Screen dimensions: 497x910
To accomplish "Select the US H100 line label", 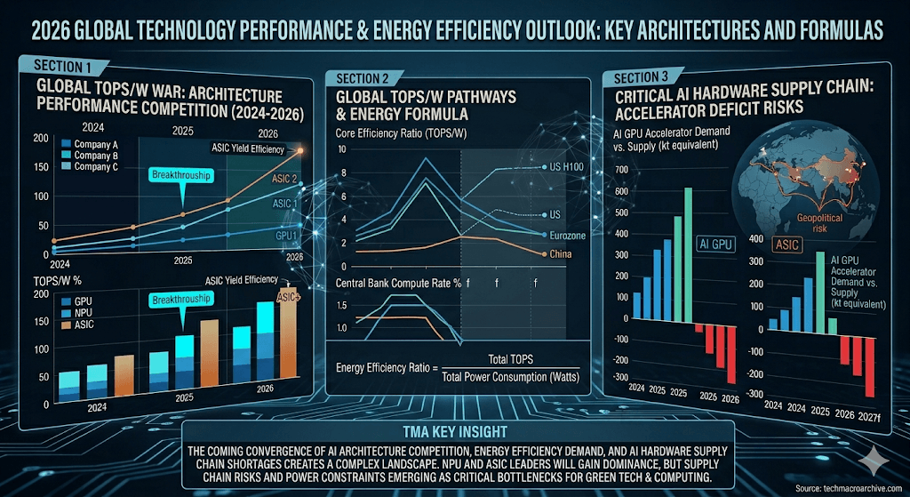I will pos(557,167).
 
